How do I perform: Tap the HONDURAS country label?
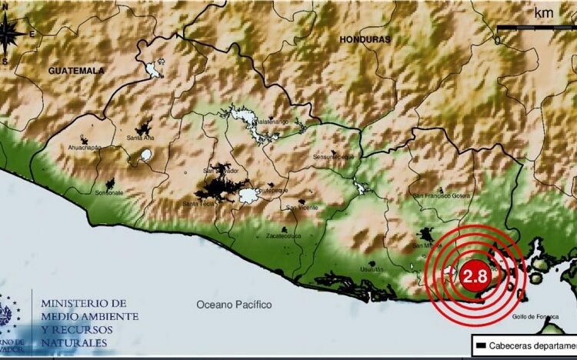coord(365,38)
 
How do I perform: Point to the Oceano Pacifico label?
coord(234,305)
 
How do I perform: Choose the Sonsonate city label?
coord(109,193)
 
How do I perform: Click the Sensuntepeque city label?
coord(332,156)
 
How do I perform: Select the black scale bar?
coord(535,28)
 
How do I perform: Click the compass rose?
coord(11,35)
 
